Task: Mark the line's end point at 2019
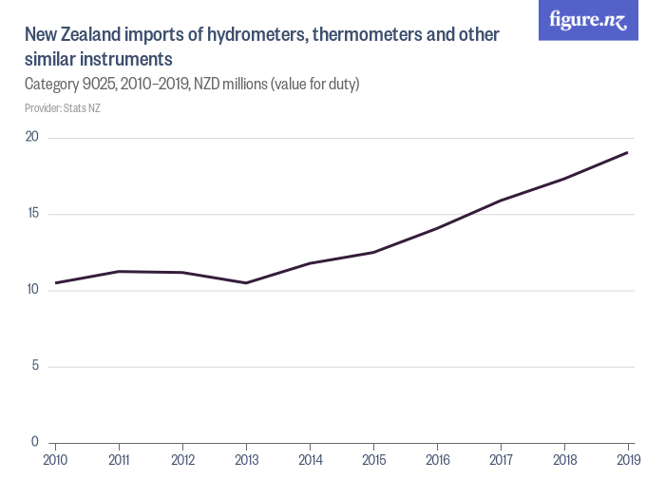[628, 152]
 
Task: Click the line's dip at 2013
[246, 283]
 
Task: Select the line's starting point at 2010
[55, 283]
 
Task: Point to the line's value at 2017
[501, 201]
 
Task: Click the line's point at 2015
[373, 252]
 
